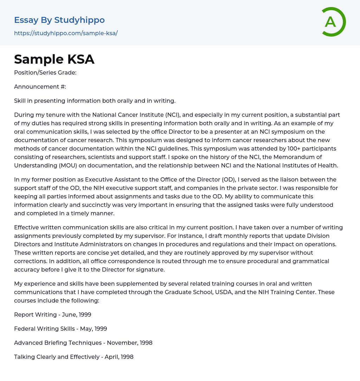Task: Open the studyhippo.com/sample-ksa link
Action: (x=66, y=33)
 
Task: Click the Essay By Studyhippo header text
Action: (x=59, y=20)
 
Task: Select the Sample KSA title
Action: (x=54, y=59)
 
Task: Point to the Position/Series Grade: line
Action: (x=45, y=72)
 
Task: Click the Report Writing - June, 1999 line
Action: (x=52, y=315)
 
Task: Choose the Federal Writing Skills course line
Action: (x=60, y=329)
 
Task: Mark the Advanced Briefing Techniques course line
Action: (x=83, y=343)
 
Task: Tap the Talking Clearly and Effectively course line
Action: (x=73, y=357)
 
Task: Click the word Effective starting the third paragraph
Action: (x=27, y=227)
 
